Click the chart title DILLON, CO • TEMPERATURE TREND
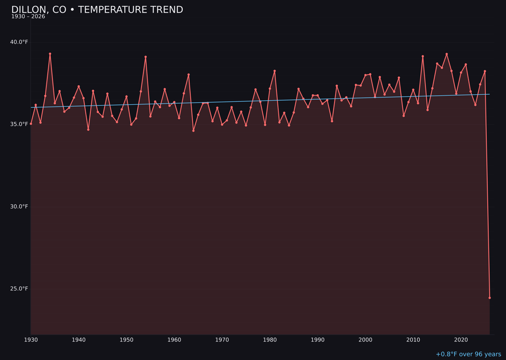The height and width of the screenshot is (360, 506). pyautogui.click(x=97, y=10)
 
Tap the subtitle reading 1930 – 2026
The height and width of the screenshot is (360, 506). pyautogui.click(x=28, y=17)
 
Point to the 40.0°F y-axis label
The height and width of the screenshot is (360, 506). pyautogui.click(x=19, y=42)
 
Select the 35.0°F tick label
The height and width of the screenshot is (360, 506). pyautogui.click(x=19, y=124)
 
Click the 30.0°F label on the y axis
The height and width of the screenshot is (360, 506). pyautogui.click(x=19, y=207)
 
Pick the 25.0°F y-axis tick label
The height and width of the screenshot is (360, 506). pyautogui.click(x=19, y=289)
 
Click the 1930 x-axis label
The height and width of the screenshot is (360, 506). pyautogui.click(x=31, y=340)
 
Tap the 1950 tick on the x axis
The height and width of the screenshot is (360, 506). pyautogui.click(x=126, y=340)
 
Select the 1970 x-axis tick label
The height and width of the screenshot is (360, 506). pyautogui.click(x=222, y=340)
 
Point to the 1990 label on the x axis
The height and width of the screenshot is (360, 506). pyautogui.click(x=318, y=340)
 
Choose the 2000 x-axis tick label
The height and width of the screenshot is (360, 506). pyautogui.click(x=365, y=340)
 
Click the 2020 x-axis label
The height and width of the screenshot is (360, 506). pyautogui.click(x=461, y=340)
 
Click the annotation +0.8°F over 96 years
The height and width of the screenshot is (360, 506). pyautogui.click(x=468, y=354)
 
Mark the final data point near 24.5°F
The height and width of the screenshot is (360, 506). pyautogui.click(x=490, y=298)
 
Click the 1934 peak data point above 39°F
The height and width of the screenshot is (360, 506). pyautogui.click(x=50, y=54)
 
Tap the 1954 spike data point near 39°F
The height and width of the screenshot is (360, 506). pyautogui.click(x=146, y=57)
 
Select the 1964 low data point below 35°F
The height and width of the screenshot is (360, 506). pyautogui.click(x=193, y=131)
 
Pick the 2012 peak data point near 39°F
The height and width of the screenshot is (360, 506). pyautogui.click(x=423, y=56)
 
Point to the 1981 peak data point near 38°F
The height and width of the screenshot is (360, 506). pyautogui.click(x=275, y=71)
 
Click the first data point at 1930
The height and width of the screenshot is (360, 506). pyautogui.click(x=31, y=124)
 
